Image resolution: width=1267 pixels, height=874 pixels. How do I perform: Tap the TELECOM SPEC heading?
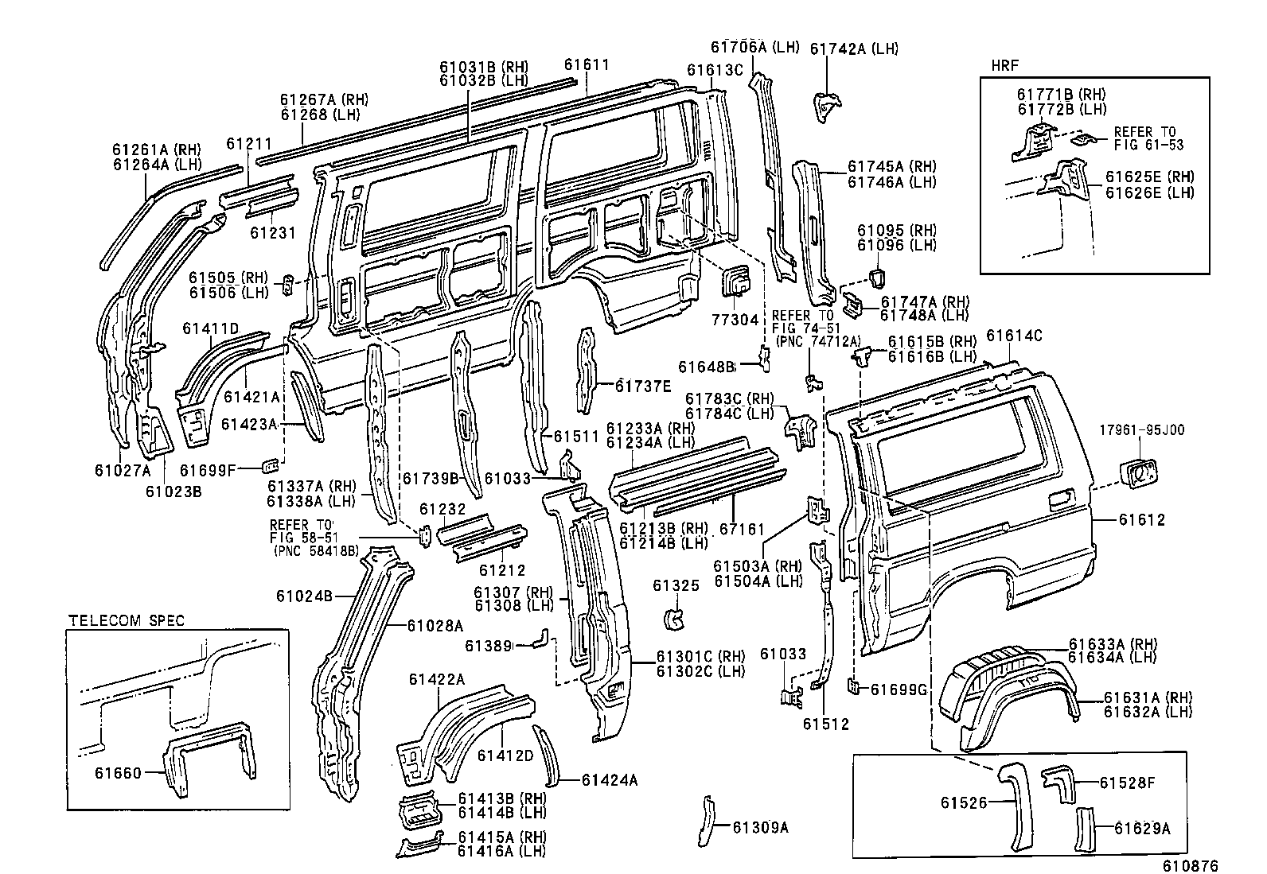[126, 620]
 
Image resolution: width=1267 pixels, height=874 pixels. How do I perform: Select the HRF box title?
[1004, 64]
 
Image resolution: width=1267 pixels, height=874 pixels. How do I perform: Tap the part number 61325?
[676, 585]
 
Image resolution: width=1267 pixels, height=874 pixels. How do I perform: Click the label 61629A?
[1142, 829]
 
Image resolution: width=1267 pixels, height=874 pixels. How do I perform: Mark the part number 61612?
[1141, 520]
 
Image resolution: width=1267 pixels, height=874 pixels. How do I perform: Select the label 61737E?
[643, 386]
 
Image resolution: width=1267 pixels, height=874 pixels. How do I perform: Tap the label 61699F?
[208, 470]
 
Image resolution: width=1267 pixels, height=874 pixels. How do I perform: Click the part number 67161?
[742, 528]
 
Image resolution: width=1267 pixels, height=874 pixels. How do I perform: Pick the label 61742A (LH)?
[854, 49]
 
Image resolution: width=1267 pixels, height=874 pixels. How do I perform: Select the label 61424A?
[610, 780]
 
